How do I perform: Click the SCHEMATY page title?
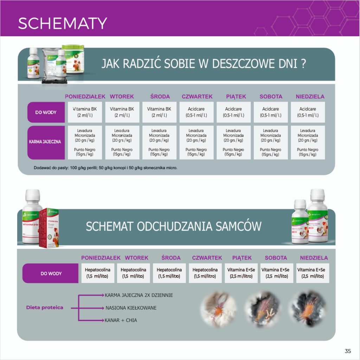pyautogui.click(x=62, y=24)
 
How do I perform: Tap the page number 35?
pyautogui.click(x=348, y=351)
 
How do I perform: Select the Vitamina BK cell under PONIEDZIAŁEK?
pyautogui.click(x=84, y=112)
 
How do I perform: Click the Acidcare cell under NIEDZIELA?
pyautogui.click(x=308, y=112)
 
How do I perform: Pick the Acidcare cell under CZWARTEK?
pyautogui.click(x=196, y=112)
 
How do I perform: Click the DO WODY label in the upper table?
pyautogui.click(x=46, y=112)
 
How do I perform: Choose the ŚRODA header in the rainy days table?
pyautogui.click(x=160, y=96)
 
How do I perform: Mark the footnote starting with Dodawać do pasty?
pyautogui.click(x=105, y=168)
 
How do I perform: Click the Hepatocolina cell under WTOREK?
pyautogui.click(x=133, y=273)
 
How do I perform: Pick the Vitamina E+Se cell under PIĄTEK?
pyautogui.click(x=241, y=273)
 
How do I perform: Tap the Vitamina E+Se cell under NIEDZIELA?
pyautogui.click(x=313, y=273)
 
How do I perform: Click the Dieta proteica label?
pyautogui.click(x=45, y=307)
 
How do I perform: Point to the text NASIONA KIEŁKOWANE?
pyautogui.click(x=131, y=308)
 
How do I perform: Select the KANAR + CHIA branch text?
pyautogui.click(x=121, y=320)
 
